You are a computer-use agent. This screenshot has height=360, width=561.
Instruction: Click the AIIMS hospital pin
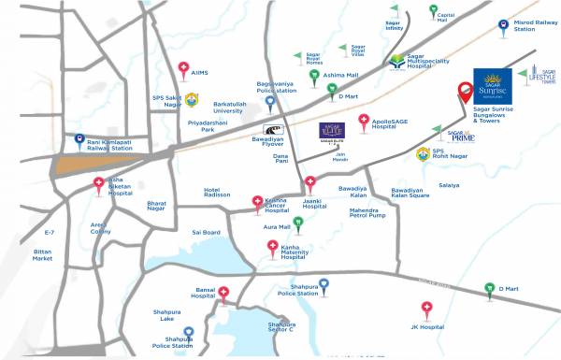184,68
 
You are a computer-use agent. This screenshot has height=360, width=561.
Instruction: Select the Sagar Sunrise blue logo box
493,86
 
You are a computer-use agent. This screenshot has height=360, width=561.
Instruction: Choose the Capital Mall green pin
433,11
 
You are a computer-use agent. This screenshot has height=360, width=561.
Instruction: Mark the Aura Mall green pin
297,223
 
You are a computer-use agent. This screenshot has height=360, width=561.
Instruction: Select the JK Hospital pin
426,309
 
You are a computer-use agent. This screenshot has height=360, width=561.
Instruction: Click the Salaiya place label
448,185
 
